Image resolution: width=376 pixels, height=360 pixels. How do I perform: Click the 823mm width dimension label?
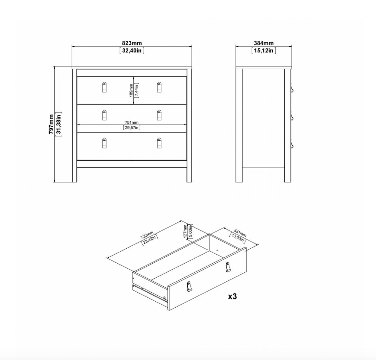click(132, 43)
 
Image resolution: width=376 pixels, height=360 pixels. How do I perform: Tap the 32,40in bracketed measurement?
click(132, 51)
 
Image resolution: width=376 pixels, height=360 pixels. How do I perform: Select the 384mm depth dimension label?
click(264, 43)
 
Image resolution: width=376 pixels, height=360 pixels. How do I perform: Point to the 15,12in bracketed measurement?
click(264, 51)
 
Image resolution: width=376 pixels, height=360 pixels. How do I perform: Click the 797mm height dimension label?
click(51, 124)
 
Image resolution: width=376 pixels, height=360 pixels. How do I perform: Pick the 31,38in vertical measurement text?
click(58, 124)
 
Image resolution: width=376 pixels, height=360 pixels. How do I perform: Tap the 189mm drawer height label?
click(131, 90)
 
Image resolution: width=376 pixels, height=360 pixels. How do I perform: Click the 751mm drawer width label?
click(131, 122)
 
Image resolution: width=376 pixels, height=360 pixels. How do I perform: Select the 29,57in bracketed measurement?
click(131, 128)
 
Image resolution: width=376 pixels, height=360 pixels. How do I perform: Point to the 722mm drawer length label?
click(147, 235)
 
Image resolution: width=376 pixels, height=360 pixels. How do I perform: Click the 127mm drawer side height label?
click(185, 231)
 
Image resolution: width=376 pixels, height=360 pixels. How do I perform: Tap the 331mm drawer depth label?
click(240, 233)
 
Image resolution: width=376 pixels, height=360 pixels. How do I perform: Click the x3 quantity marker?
click(232, 296)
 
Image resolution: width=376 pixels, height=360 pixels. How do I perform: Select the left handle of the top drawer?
click(104, 87)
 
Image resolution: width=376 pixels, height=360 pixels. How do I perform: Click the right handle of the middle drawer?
click(159, 115)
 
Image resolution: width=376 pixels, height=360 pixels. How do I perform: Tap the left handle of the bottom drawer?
click(104, 143)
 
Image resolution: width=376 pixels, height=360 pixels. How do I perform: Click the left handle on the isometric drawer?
click(189, 287)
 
